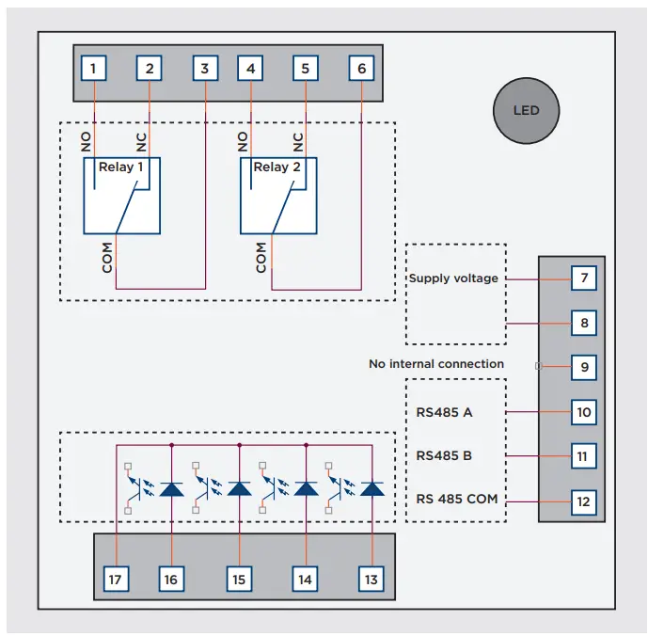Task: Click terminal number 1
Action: coord(93,69)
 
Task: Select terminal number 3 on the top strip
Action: coord(205,69)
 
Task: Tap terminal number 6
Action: coord(361,69)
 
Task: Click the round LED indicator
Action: coord(526,111)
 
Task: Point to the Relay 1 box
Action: coord(121,196)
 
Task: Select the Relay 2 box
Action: coord(277,196)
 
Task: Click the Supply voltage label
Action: coord(453,278)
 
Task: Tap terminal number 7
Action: coord(583,279)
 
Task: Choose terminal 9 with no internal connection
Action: coord(583,367)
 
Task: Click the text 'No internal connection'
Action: coord(436,364)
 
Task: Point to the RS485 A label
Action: coord(444,412)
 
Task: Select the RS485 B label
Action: coord(444,455)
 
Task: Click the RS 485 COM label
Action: coord(456,500)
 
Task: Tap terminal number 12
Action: coord(583,501)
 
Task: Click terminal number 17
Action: coord(116,580)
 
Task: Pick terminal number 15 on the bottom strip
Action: coord(239,580)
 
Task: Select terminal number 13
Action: coord(371,580)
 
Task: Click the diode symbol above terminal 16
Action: coord(171,489)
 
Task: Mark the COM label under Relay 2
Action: coord(261,257)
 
